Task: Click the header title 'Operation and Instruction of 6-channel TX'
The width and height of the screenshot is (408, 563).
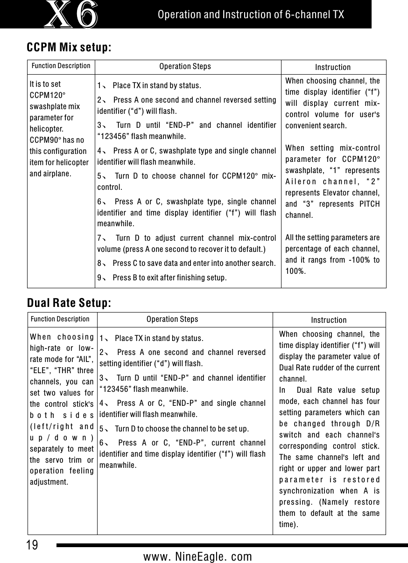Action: (x=251, y=14)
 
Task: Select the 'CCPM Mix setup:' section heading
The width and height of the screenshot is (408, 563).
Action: (x=69, y=48)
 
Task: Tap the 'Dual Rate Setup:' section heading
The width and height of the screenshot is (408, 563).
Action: (x=69, y=303)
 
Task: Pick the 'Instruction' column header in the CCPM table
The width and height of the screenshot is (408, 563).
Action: (x=333, y=68)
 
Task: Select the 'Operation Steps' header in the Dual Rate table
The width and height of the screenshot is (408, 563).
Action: (x=172, y=320)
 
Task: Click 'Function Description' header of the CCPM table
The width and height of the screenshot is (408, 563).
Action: (x=61, y=66)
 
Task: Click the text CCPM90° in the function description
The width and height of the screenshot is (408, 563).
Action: (x=44, y=140)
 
